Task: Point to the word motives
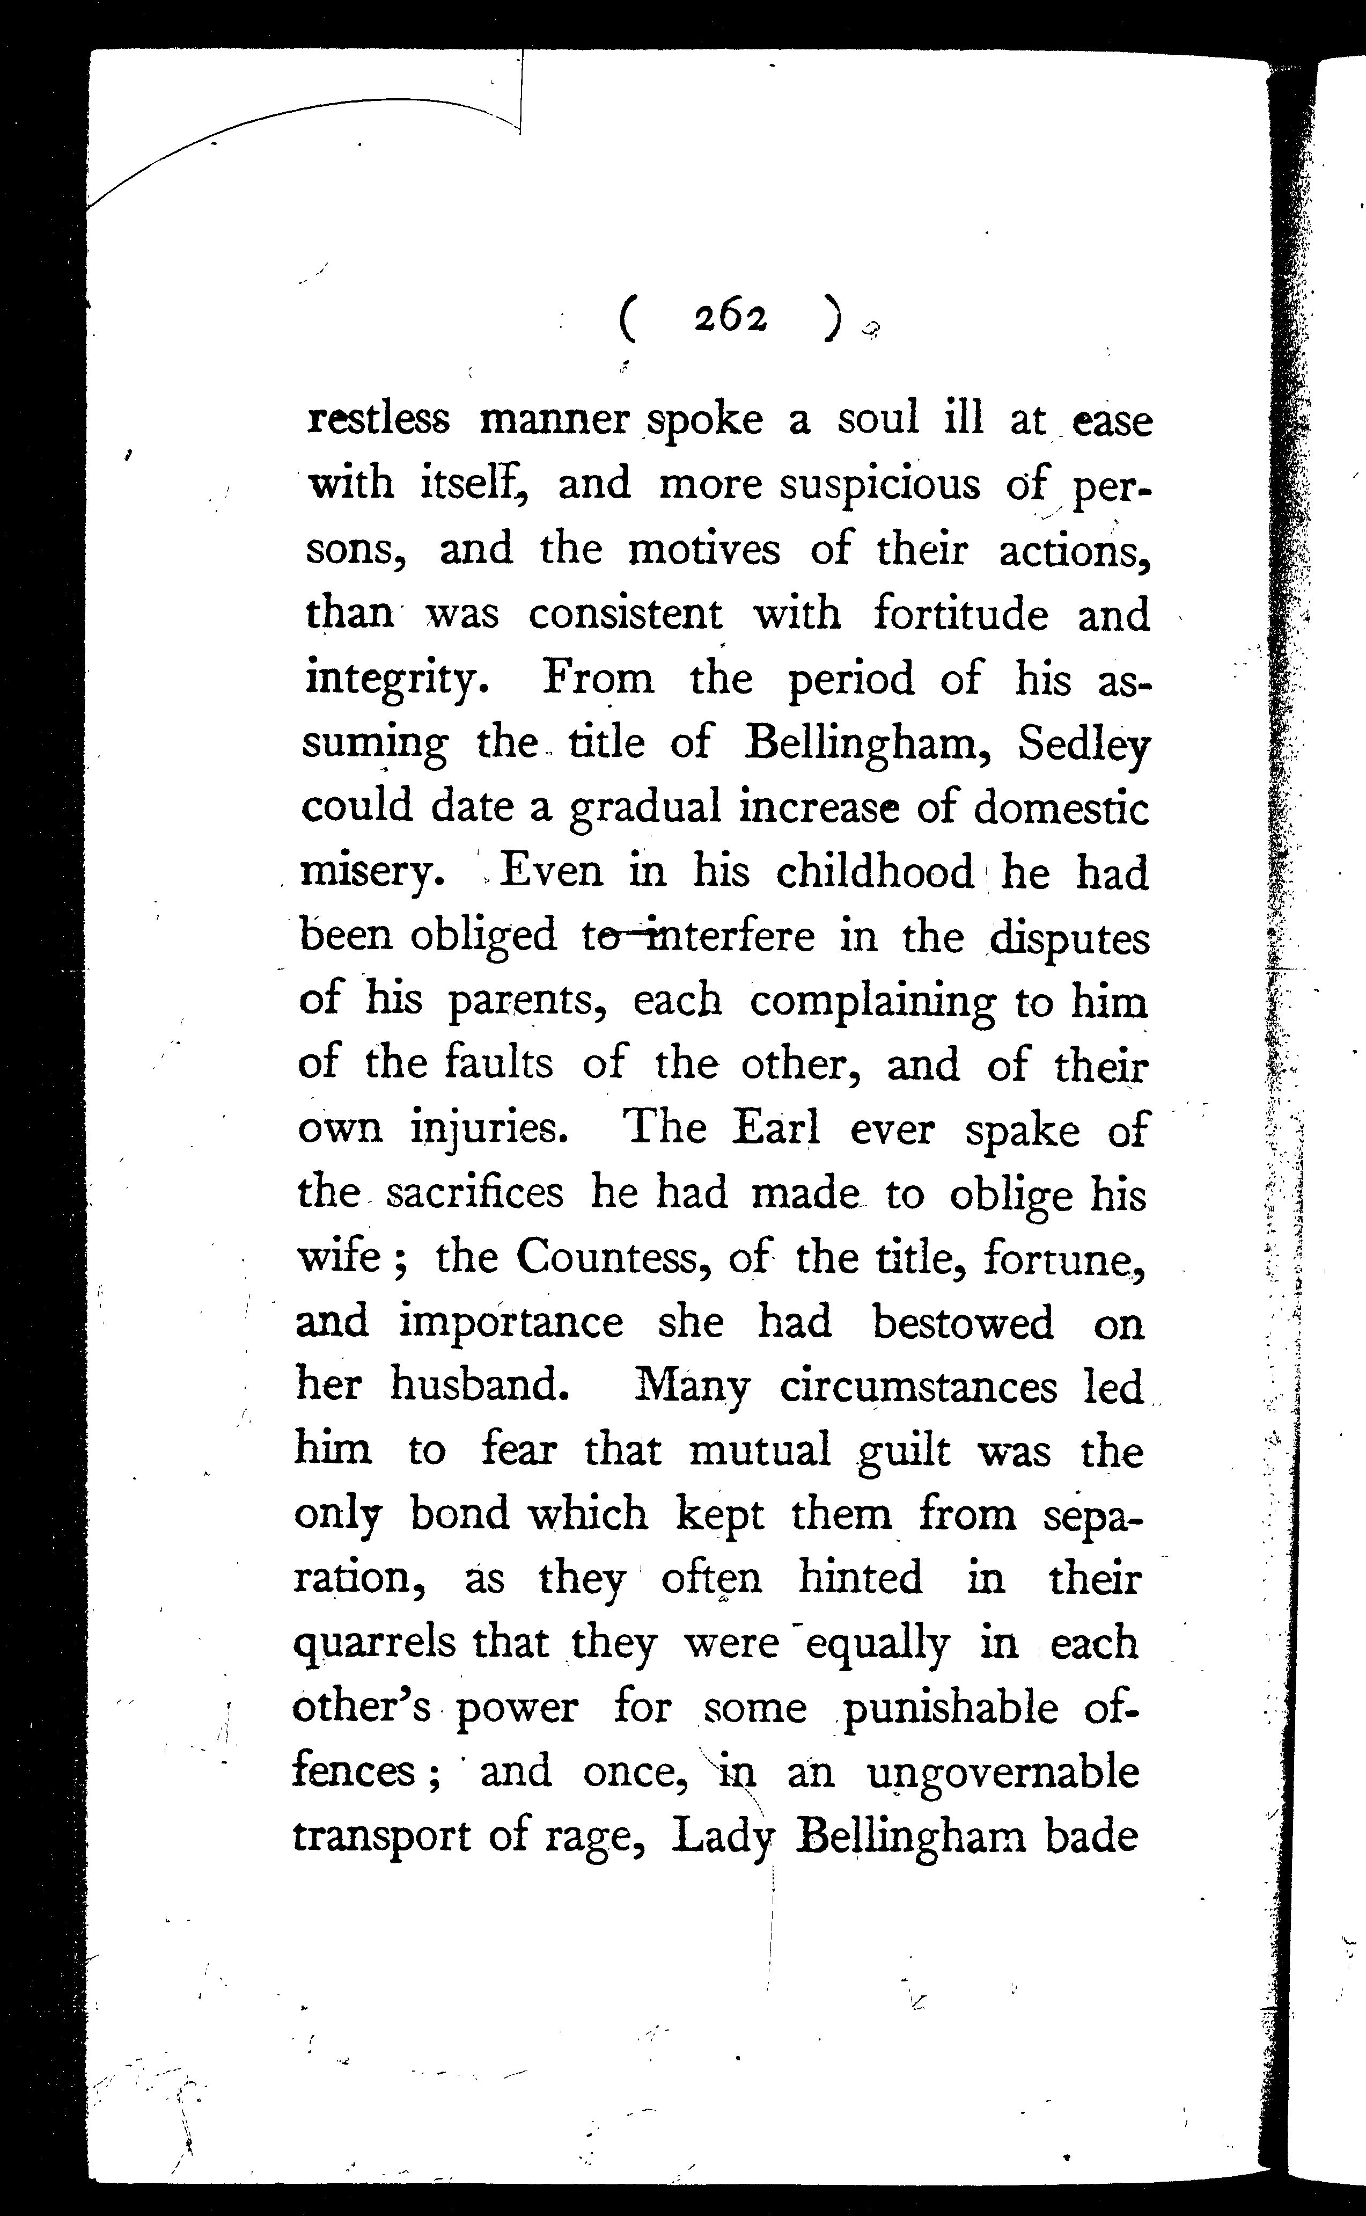tap(704, 549)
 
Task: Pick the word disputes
tap(1070, 938)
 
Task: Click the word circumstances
tap(918, 1386)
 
